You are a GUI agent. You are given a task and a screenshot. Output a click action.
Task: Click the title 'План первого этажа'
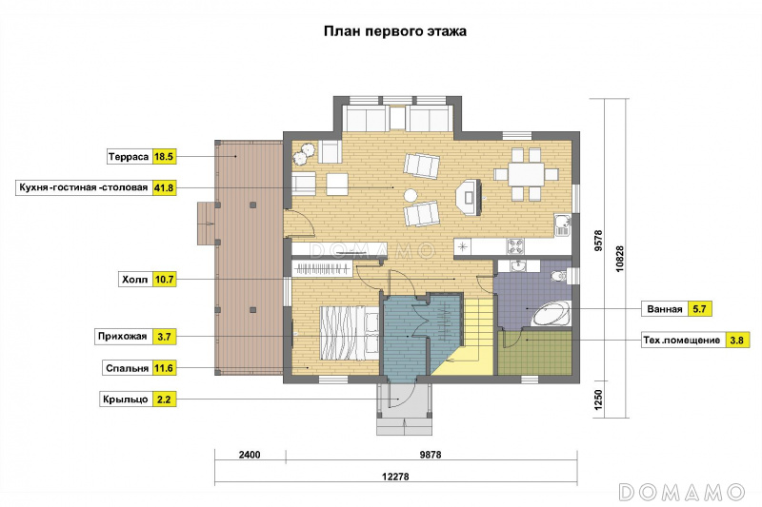[x=395, y=31]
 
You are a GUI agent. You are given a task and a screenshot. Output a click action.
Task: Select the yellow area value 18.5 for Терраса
[x=164, y=157]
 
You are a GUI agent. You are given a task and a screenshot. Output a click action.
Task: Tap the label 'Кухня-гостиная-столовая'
[x=84, y=187]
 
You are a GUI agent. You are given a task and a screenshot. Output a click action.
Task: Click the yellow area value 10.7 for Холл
[x=164, y=280]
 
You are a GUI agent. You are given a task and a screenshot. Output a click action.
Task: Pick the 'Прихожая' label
[x=123, y=336]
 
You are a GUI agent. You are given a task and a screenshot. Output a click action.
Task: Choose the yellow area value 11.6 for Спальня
[x=164, y=368]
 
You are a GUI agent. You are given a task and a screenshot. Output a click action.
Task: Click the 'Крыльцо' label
[x=126, y=400]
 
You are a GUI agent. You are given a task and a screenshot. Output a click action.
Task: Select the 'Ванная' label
[x=665, y=309]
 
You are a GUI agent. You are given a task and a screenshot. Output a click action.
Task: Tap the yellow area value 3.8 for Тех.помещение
[x=736, y=341]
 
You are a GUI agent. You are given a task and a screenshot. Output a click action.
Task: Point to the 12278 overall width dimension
[x=395, y=477]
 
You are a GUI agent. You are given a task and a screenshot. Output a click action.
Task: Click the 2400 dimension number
[x=250, y=455]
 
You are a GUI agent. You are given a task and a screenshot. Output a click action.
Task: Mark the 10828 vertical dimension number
[x=619, y=258]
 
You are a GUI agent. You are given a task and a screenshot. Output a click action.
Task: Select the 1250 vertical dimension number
[x=598, y=400]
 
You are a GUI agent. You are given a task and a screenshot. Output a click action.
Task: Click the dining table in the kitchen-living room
[x=526, y=174]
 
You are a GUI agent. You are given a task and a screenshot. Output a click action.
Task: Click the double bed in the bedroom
[x=349, y=333]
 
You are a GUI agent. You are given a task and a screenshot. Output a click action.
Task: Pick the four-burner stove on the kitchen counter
[x=515, y=246]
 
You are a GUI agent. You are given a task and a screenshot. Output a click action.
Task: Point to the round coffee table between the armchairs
[x=411, y=196]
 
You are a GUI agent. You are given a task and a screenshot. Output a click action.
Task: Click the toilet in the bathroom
[x=561, y=276]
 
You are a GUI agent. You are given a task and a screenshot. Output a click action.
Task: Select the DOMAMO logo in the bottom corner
[x=681, y=492]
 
